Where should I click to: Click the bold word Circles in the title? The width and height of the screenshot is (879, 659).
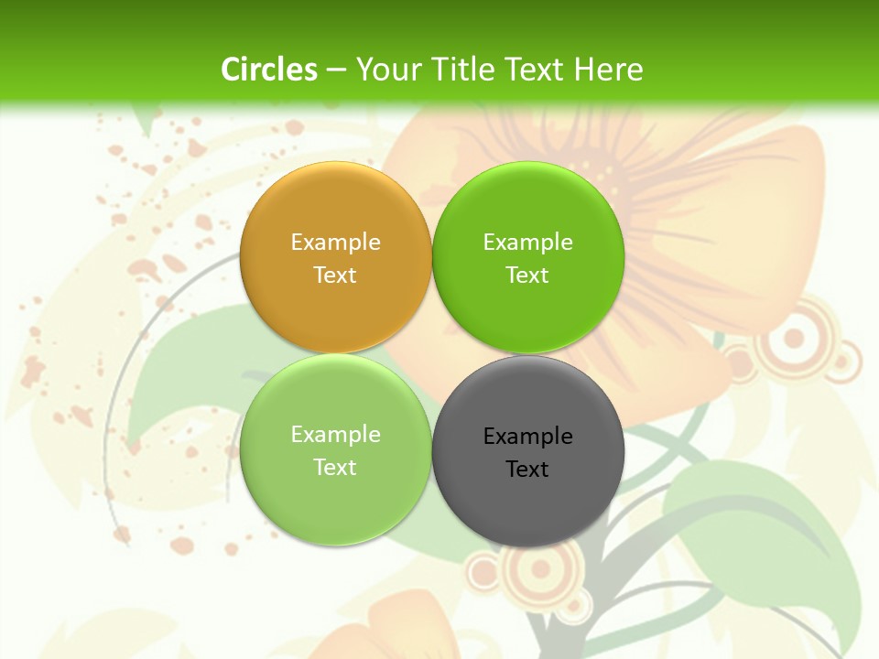(269, 70)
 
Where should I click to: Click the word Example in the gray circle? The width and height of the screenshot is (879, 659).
(527, 437)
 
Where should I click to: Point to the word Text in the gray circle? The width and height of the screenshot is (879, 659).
(527, 470)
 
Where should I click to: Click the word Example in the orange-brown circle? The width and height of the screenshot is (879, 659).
(335, 243)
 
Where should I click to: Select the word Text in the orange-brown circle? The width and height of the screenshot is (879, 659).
(335, 275)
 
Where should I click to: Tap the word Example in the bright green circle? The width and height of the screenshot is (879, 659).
(527, 243)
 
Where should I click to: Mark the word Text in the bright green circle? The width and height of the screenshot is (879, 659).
(527, 275)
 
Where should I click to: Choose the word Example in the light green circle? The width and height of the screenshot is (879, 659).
(335, 435)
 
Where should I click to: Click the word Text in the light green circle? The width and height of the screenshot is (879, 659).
(335, 468)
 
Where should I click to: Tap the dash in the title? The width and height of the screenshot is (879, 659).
(335, 70)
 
